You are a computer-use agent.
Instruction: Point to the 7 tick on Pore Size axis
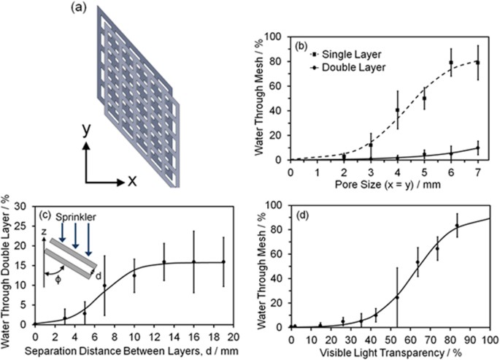(x=478, y=171)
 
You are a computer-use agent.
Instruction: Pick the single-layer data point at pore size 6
(x=451, y=63)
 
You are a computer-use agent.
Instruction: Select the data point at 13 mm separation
(x=164, y=262)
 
